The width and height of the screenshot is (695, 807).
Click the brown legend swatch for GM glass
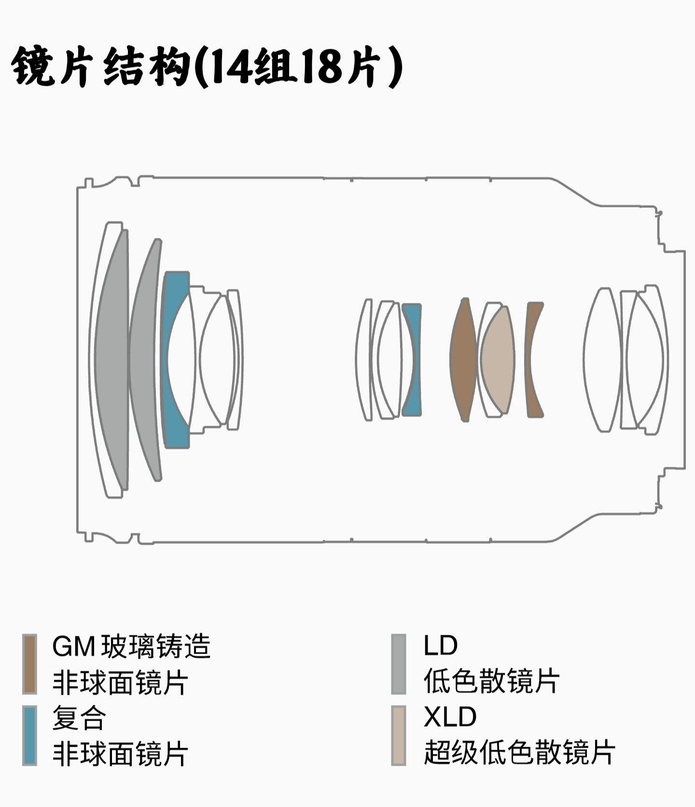pos(30,664)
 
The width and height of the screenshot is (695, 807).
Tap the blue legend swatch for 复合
pos(30,735)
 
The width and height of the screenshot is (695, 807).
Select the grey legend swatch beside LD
pos(398,664)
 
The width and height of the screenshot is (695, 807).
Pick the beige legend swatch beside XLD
pos(398,735)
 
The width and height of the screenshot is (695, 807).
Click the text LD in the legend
pos(440,645)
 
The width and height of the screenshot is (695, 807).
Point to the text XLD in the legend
pos(450,717)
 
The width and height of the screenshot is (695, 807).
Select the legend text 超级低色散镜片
pos(519,752)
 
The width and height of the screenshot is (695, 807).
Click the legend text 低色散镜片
pos(491,681)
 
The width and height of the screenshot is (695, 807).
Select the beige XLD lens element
pos(497,359)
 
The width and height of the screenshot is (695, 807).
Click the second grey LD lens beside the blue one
pos(144,359)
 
